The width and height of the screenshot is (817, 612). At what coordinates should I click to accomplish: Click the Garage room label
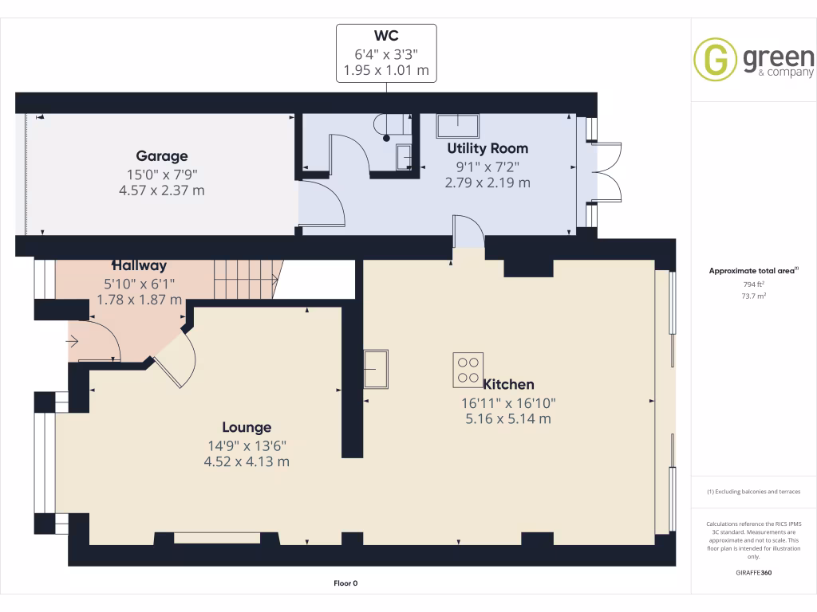pos(162,156)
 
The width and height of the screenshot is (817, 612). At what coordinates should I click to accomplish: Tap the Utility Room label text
pos(487,148)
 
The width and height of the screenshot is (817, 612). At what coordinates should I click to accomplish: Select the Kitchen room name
pos(508,384)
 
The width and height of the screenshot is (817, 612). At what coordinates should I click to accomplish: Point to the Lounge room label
pos(247,427)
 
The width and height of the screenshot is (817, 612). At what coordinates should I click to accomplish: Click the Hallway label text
pos(139,265)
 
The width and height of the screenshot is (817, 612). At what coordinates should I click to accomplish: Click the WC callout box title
pos(386,37)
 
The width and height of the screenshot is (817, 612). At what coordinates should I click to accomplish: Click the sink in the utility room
pos(457,123)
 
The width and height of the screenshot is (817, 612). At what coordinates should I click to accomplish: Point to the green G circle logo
pos(715,60)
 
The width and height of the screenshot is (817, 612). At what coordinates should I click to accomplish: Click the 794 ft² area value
pos(754,284)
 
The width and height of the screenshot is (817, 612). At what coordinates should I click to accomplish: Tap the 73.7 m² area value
pos(754,295)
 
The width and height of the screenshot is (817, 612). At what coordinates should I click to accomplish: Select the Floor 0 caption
pos(345,583)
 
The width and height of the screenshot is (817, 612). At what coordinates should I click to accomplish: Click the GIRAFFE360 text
pos(754,573)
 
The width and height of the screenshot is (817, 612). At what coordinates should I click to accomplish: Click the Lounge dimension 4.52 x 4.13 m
pos(247,461)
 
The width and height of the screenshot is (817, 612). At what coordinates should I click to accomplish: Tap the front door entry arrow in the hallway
pos(73,342)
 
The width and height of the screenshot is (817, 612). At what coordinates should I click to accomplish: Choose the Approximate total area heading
pos(752,271)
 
